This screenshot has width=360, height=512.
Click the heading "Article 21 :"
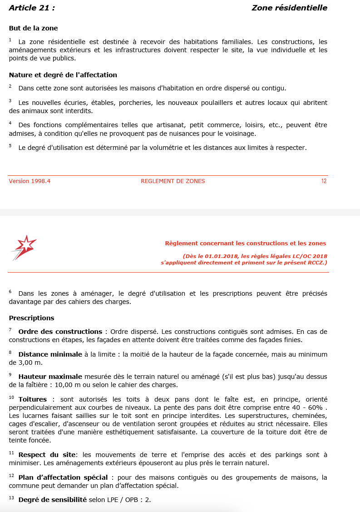click(32, 8)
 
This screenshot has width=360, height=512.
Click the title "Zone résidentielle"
click(289, 8)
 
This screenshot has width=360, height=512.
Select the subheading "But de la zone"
click(33, 28)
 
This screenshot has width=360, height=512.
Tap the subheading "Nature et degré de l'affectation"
click(63, 75)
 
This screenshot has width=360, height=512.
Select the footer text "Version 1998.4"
click(30, 181)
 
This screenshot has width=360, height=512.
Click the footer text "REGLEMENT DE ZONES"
click(173, 181)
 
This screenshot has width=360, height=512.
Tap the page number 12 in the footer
click(324, 181)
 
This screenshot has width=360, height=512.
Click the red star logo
click(24, 248)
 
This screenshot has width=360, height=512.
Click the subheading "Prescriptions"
click(31, 318)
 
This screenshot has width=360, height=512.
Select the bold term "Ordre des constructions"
click(60, 332)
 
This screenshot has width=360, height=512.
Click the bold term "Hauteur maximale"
click(50, 377)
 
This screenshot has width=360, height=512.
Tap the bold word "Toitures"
click(32, 399)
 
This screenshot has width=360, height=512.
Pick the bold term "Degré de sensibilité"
click(52, 500)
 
